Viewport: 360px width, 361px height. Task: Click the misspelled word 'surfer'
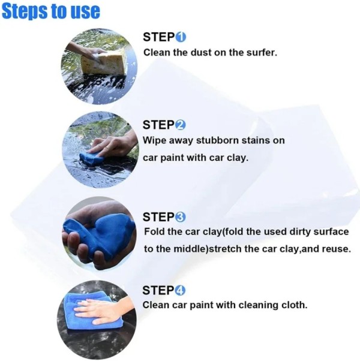tap(261, 52)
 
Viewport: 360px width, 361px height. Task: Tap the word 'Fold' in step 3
tap(155, 231)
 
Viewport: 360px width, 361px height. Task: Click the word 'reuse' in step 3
tap(337, 248)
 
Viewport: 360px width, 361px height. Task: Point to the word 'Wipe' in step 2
tap(154, 140)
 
